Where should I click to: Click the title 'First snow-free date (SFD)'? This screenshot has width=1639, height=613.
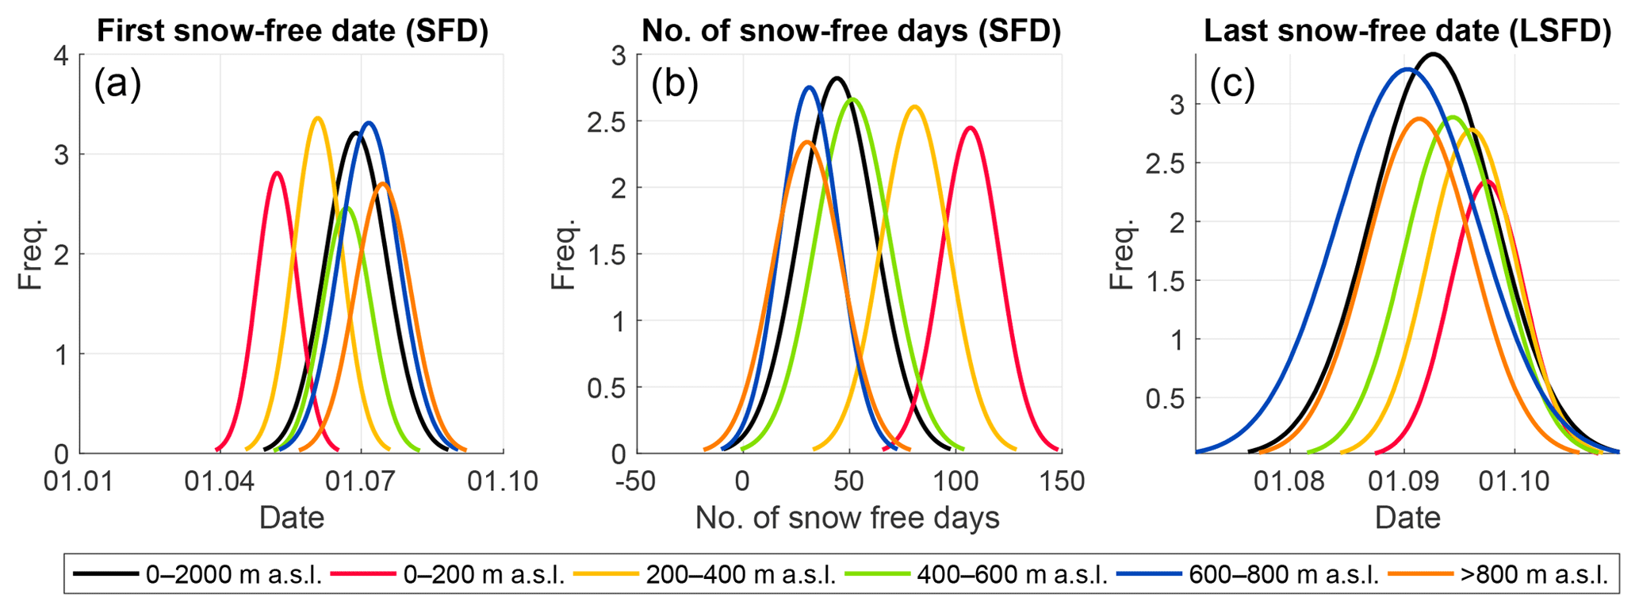292,30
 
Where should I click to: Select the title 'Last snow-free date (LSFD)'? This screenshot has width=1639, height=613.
1407,30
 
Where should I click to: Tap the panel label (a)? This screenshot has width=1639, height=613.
117,83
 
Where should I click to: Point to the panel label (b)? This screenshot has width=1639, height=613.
674,83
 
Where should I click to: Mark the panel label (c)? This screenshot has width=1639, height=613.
1232,83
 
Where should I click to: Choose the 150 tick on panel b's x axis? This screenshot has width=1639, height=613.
1060,481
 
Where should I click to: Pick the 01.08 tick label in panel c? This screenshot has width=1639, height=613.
1289,481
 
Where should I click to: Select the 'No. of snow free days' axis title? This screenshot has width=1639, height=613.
847,518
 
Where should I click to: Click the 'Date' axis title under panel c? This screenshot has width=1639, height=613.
1407,518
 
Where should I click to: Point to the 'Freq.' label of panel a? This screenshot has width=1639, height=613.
30,255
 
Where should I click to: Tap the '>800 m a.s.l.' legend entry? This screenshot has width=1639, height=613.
1533,575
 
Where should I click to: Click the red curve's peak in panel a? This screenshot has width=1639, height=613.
277,172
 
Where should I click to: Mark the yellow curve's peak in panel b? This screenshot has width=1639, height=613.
915,106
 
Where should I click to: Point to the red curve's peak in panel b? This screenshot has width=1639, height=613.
970,127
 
